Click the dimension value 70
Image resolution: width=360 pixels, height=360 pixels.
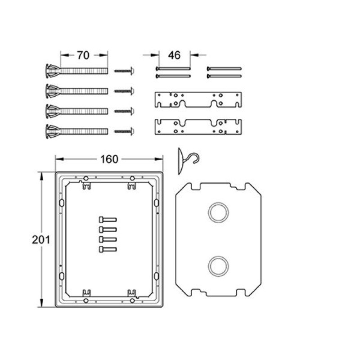[x=83, y=55]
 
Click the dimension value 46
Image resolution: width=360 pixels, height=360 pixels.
[x=174, y=55]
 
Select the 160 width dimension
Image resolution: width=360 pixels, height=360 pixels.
[x=109, y=159]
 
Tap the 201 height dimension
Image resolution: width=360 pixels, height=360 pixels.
[x=41, y=240]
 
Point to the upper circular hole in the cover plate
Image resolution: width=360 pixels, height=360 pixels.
[x=218, y=212]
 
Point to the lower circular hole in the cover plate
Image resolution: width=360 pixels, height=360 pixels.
[x=218, y=266]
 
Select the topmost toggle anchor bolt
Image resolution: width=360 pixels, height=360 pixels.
[x=76, y=71]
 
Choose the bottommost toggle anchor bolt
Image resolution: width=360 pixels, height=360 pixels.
[x=76, y=131]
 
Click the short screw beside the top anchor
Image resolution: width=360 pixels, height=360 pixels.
[x=124, y=71]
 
